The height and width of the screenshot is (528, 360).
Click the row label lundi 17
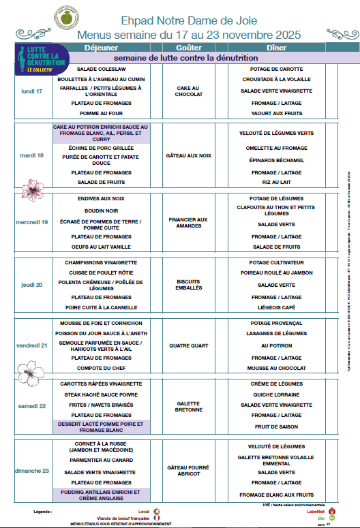pos(32,91)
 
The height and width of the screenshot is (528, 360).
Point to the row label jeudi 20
pos(32,285)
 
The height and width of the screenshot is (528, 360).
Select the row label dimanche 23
pos(32,471)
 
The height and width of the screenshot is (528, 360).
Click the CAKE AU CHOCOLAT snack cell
pos(188,91)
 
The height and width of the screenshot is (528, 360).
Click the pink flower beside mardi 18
pos(31,187)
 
